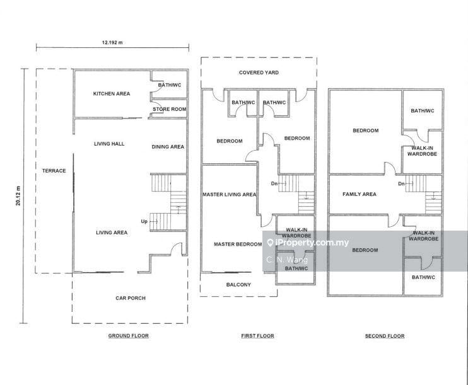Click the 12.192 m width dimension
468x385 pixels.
pos(112,42)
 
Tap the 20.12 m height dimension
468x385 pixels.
pos(18,195)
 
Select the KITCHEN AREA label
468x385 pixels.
pos(112,94)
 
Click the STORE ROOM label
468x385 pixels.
pos(170,109)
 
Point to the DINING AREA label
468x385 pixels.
pos(168,147)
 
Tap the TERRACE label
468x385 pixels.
pos(54,171)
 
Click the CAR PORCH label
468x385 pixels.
pos(131,298)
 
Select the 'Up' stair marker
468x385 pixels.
pos(144,222)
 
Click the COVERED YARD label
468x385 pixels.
pos(259,72)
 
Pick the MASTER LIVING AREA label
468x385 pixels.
pos(229,195)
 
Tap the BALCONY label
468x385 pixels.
pos(238,285)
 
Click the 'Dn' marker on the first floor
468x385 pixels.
pos(274,184)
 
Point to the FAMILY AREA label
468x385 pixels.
pos(360,194)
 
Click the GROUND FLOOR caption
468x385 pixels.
pos(128,336)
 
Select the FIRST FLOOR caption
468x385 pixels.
pos(257,336)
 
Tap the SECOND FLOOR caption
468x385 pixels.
pos(385,336)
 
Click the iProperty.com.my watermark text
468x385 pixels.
pos(312,243)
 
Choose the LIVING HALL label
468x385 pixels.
pos(109,144)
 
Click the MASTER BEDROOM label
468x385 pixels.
pos(238,244)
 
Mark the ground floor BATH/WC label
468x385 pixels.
pos(170,85)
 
